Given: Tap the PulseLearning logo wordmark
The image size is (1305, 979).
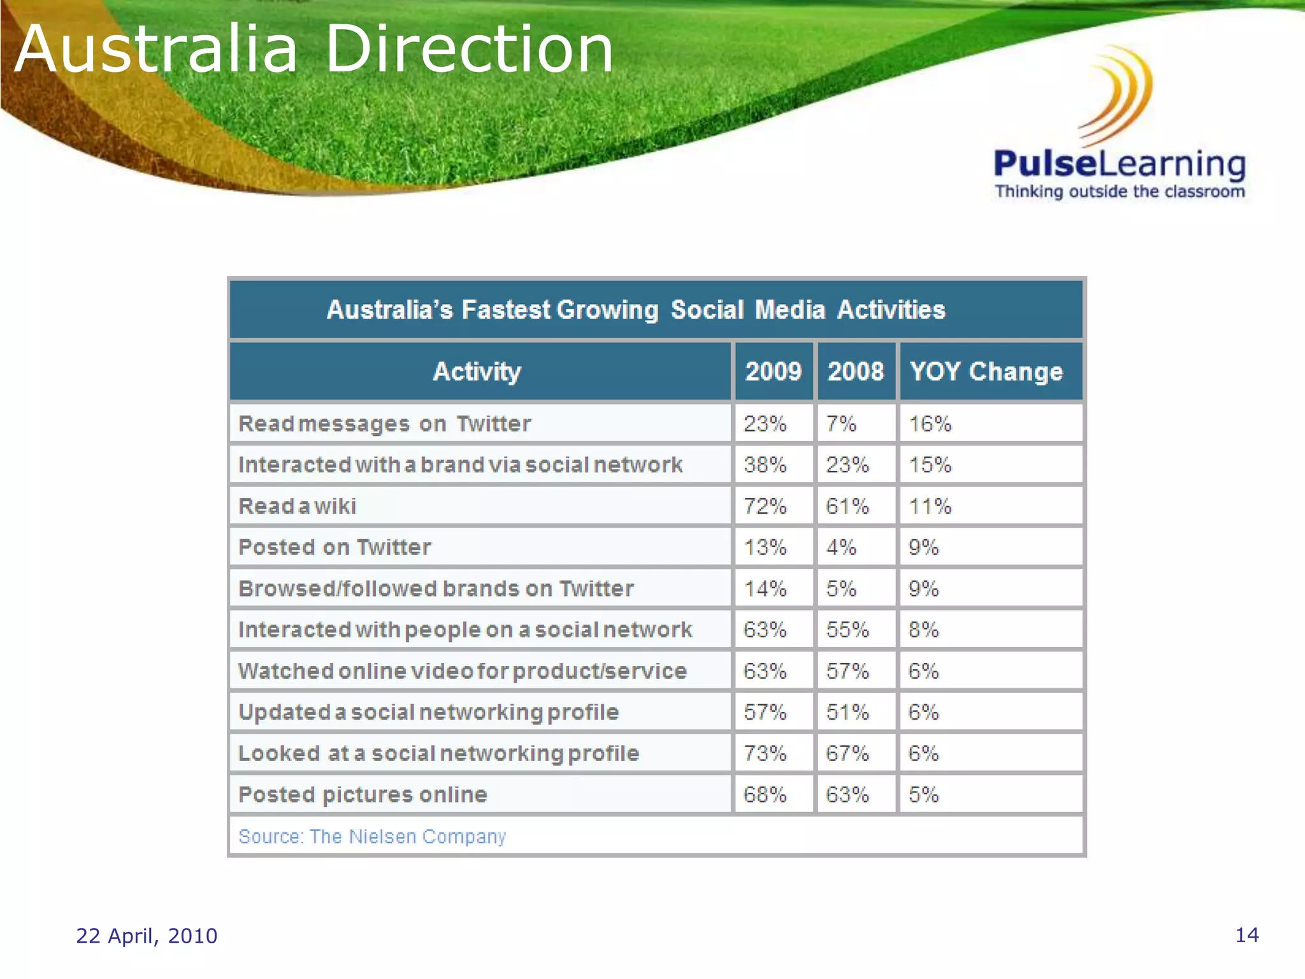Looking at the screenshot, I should tap(1119, 164).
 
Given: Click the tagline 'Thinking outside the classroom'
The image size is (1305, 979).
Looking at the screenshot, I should tap(1120, 192).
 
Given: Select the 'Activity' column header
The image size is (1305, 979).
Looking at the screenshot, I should tap(477, 372).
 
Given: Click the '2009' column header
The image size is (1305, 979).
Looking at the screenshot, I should tap(773, 372).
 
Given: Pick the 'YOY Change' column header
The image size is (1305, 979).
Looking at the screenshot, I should tap(986, 372).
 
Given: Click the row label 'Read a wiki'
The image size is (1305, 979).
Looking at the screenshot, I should tap(297, 506).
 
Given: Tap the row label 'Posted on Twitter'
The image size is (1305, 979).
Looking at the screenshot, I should tap(335, 548).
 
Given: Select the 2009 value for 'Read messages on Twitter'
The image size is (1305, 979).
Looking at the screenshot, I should tap(765, 424).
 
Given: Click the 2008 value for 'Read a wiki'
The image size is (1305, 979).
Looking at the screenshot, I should tap(847, 506).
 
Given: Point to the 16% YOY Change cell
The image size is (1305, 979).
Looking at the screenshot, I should tap(930, 424).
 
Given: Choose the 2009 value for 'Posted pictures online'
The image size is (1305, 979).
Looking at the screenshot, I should tap(765, 795).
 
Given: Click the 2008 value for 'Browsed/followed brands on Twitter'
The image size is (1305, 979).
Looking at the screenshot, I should tap(840, 588).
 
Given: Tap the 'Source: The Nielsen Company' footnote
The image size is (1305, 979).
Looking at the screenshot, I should tap(372, 836).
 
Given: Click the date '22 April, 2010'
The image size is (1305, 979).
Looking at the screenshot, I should tap(147, 936).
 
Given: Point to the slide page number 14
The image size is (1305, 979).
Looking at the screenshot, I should tap(1247, 935).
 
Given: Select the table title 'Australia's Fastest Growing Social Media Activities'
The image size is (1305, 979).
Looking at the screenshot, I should tap(635, 310).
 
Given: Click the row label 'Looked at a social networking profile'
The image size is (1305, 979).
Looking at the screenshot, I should tap(438, 753).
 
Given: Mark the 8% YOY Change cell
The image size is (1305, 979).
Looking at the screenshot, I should tap(923, 630).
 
